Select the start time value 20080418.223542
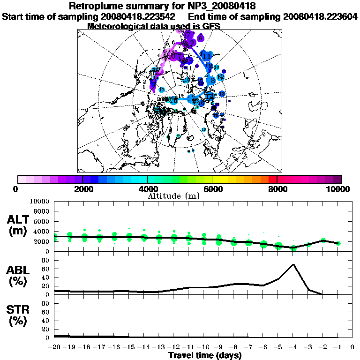141,16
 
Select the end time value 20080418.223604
320,16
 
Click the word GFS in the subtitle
210,26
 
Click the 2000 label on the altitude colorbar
82,189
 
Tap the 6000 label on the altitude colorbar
212,189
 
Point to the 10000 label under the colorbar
338,189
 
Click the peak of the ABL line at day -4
293,264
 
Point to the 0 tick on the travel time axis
352,347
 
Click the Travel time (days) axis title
205,355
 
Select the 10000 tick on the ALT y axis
40,201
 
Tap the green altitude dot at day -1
338,243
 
